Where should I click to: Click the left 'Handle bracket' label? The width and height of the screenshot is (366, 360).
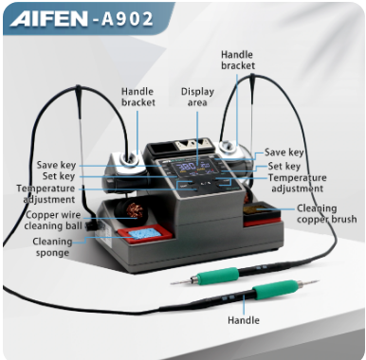[137, 98]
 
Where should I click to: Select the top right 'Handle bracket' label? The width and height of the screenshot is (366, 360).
[237, 63]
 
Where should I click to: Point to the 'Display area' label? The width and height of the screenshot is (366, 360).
[197, 98]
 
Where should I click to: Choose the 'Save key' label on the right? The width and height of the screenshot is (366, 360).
[284, 152]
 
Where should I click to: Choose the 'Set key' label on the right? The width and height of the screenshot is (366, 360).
[285, 166]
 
